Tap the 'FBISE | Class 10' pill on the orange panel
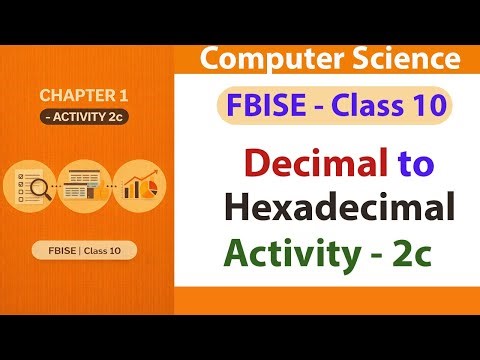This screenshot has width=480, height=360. pyautogui.click(x=85, y=249)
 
